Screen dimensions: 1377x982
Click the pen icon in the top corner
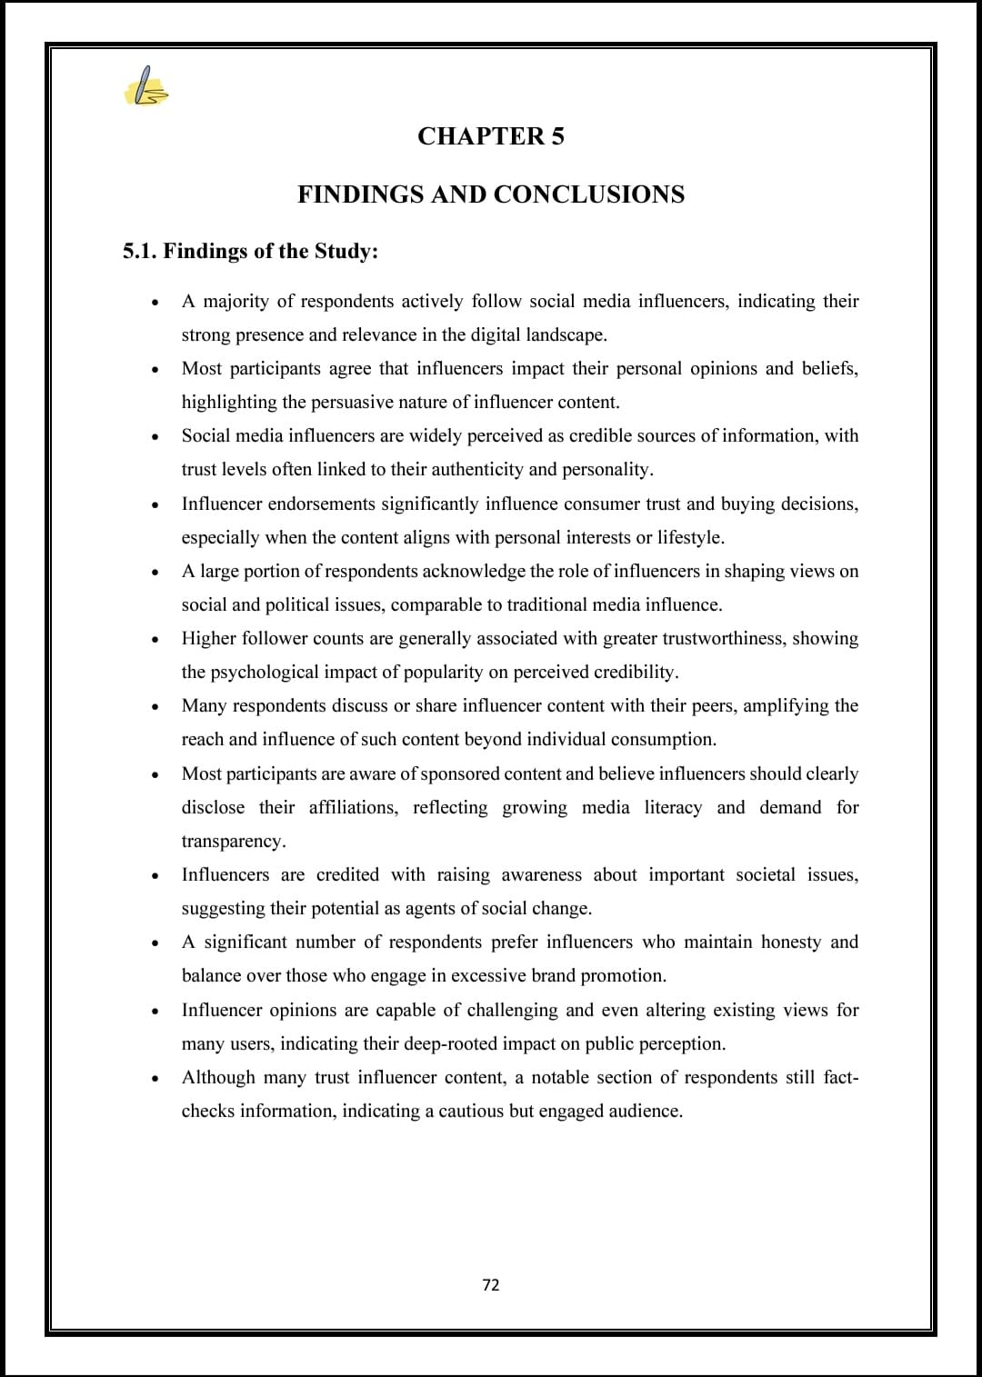[145, 88]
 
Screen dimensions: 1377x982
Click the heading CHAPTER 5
[491, 136]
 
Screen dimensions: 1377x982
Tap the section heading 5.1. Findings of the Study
[250, 251]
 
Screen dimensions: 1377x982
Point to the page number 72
[491, 1284]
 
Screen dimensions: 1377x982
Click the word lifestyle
[690, 537]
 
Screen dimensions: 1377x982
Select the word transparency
[234, 841]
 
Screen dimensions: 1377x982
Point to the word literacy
[673, 807]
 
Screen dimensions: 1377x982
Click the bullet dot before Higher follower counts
[157, 640]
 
